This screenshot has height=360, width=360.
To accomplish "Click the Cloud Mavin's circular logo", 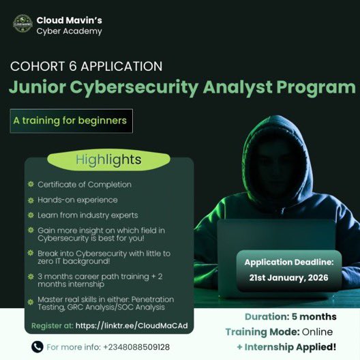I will click(22, 25).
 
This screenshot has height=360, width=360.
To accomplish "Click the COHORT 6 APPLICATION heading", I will click(86, 67).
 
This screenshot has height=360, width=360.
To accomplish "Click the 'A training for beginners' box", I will click(70, 120).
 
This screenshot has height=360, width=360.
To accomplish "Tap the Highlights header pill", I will click(108, 160).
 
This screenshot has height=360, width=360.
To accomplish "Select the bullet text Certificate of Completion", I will click(85, 184).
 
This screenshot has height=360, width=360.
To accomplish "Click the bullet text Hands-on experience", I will click(78, 200).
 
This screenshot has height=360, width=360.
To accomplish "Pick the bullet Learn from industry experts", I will click(87, 215).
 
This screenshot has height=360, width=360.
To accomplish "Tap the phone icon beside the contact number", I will click(36, 347).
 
